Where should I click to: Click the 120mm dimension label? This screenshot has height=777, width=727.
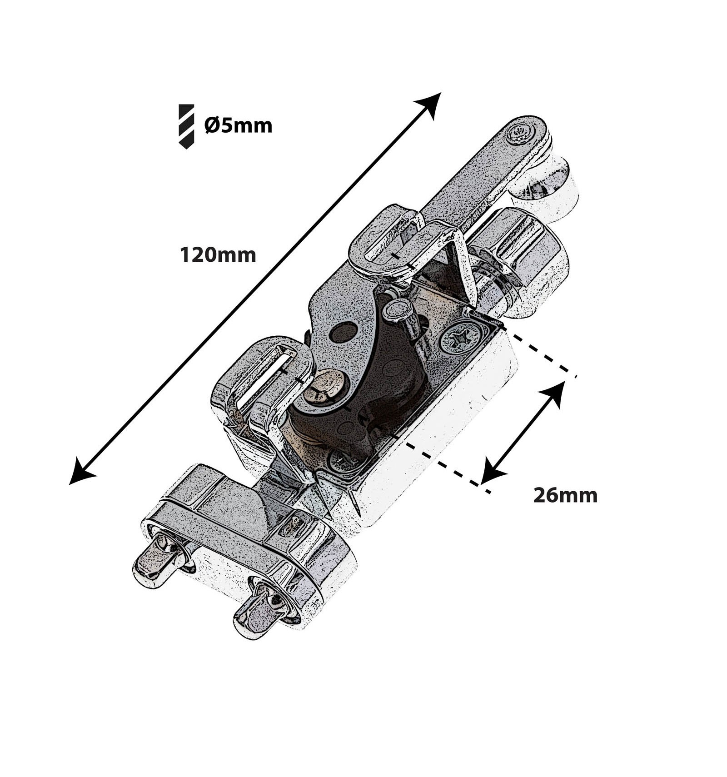click(x=218, y=255)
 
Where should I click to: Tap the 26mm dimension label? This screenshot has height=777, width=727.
click(x=565, y=495)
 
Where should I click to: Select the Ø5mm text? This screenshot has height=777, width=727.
click(x=238, y=125)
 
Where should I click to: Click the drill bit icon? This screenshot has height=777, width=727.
click(x=186, y=126)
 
